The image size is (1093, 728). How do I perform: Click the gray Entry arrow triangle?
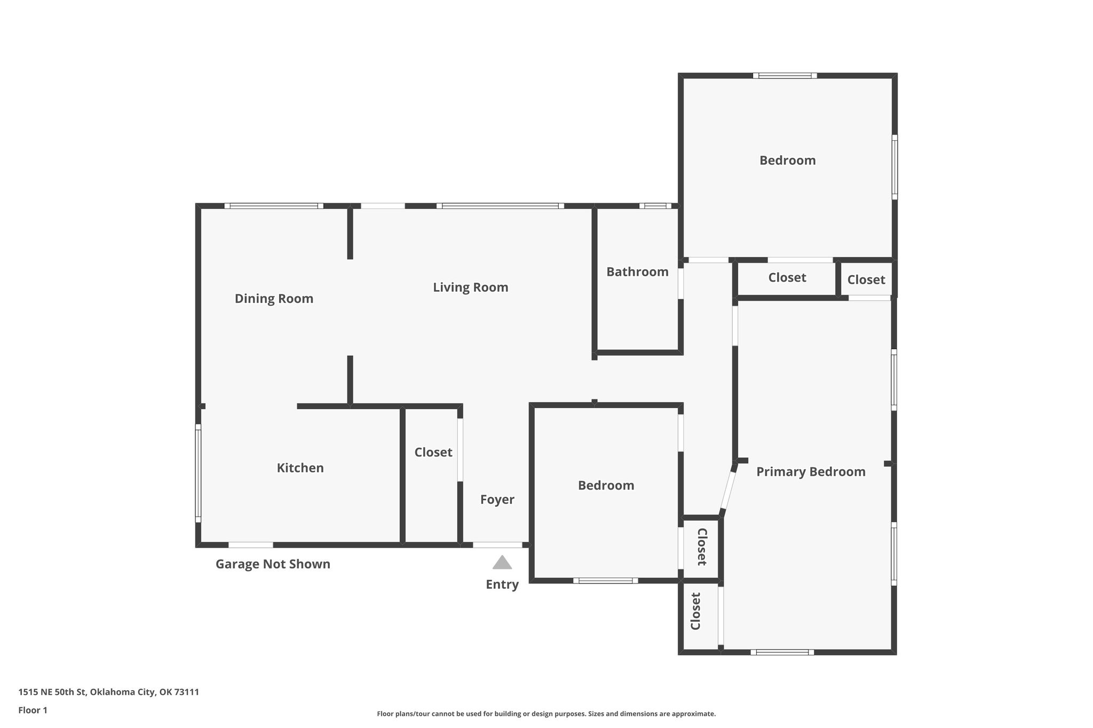(x=502, y=563)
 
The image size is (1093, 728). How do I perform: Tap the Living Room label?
(x=470, y=287)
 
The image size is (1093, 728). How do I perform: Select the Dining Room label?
(x=274, y=299)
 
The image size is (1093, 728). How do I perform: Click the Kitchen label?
(x=300, y=468)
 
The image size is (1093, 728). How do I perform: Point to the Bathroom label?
(x=637, y=272)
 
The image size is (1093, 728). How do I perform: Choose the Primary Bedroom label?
(x=811, y=472)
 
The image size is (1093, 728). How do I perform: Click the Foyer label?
(x=497, y=500)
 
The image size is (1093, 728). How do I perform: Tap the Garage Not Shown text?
(x=273, y=564)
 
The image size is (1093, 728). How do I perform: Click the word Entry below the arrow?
(x=502, y=585)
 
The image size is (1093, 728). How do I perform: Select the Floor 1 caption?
(x=33, y=710)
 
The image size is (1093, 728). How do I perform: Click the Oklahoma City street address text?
(x=108, y=692)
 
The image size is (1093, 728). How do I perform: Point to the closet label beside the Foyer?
(x=433, y=452)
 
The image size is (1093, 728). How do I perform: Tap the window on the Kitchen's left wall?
(x=198, y=474)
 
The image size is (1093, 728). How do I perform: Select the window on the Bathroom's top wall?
(x=655, y=206)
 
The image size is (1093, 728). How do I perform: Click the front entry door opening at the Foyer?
(x=497, y=545)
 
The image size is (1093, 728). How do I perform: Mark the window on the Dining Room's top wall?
(x=274, y=206)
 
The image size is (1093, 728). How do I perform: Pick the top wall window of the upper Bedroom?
(x=785, y=76)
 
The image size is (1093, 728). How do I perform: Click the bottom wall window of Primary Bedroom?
(x=782, y=652)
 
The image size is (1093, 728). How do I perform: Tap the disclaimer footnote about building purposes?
(x=546, y=714)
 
